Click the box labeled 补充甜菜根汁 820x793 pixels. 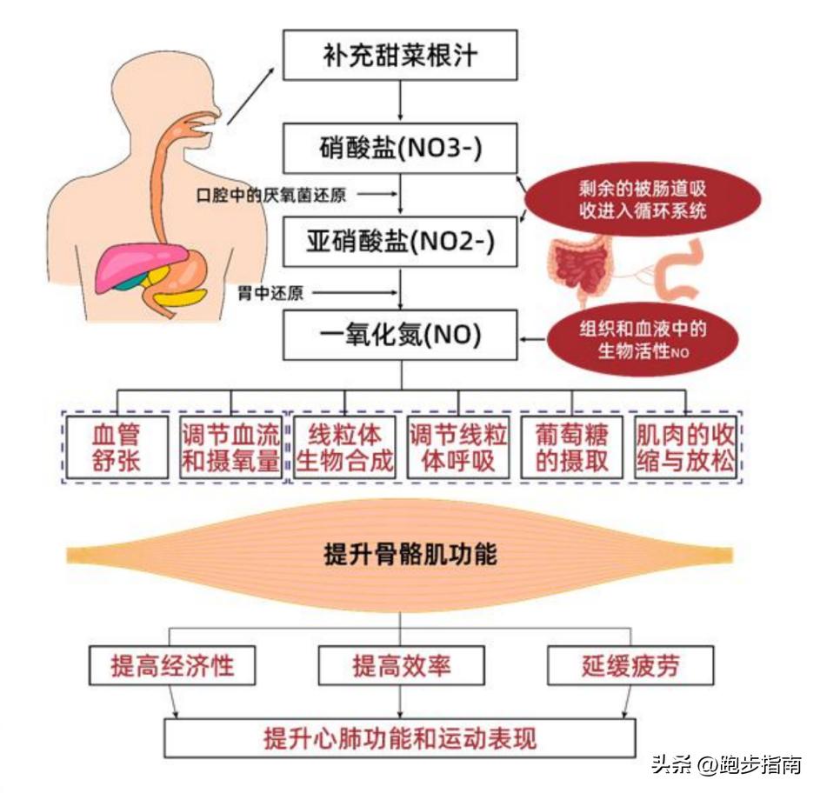[x=401, y=57]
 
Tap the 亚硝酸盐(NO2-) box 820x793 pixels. [x=401, y=241]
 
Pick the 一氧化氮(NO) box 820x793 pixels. [x=401, y=335]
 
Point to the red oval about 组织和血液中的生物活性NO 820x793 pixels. [x=643, y=339]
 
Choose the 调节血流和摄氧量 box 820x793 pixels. [x=230, y=447]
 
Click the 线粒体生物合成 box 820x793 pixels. [x=344, y=447]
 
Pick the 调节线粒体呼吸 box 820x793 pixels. [x=458, y=447]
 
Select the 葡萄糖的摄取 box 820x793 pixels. [x=572, y=447]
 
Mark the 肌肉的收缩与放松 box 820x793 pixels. [x=685, y=447]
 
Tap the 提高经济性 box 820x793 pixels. [x=173, y=666]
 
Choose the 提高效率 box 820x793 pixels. [x=401, y=666]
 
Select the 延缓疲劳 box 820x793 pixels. [x=630, y=666]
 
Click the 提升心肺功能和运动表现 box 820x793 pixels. [x=401, y=738]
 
